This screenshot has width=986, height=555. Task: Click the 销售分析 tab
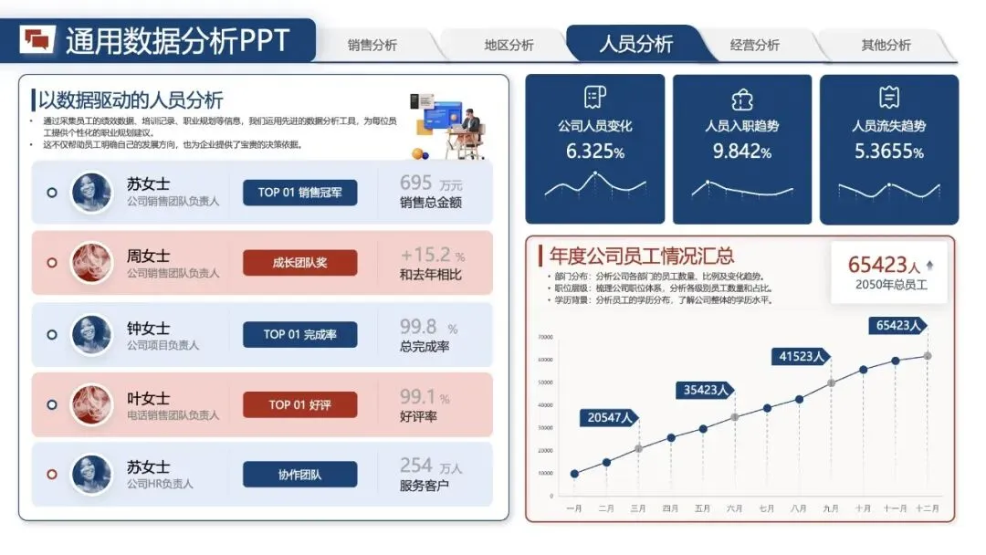pyautogui.click(x=372, y=45)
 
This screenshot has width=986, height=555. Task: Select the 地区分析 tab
pyautogui.click(x=509, y=45)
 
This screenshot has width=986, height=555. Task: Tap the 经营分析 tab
pyautogui.click(x=754, y=45)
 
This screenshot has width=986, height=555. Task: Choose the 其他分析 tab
pyautogui.click(x=886, y=45)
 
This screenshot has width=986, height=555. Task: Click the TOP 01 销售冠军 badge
pyautogui.click(x=299, y=193)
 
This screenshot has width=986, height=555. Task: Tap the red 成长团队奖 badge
pyautogui.click(x=299, y=263)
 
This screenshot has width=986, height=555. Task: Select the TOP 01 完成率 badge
pyautogui.click(x=299, y=334)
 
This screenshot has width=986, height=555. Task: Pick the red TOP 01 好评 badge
pyautogui.click(x=299, y=404)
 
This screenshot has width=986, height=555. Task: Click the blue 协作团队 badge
pyautogui.click(x=299, y=475)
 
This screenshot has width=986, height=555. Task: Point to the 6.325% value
pyautogui.click(x=595, y=152)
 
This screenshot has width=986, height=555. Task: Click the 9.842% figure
pyautogui.click(x=742, y=152)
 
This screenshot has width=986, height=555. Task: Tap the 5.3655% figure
pyautogui.click(x=889, y=152)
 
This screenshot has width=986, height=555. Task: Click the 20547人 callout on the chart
pyautogui.click(x=610, y=418)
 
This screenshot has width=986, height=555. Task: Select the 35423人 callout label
pyautogui.click(x=708, y=390)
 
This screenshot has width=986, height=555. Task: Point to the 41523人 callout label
pyautogui.click(x=802, y=357)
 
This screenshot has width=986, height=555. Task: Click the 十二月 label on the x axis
pyautogui.click(x=928, y=508)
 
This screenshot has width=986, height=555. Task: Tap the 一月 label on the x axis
pyautogui.click(x=574, y=508)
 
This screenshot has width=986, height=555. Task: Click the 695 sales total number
pyautogui.click(x=415, y=183)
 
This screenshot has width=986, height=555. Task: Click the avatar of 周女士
pyautogui.click(x=91, y=263)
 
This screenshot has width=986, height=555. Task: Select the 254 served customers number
pyautogui.click(x=415, y=466)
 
